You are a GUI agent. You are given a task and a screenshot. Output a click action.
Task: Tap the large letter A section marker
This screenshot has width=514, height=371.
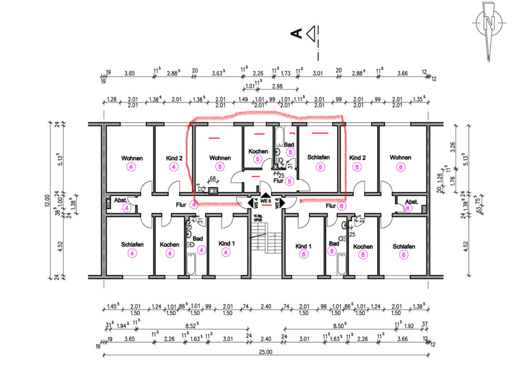point(295,34)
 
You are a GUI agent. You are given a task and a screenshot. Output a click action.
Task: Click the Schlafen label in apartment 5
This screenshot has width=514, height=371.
point(318,158)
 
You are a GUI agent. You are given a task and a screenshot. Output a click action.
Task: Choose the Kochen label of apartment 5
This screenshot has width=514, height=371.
point(258,152)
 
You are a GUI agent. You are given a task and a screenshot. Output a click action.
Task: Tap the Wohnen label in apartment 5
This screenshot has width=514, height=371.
point(220,158)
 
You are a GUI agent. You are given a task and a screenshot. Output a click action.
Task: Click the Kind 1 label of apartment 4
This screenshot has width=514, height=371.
point(227,243)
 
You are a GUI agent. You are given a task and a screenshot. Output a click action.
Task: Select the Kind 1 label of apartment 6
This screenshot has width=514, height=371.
point(304,246)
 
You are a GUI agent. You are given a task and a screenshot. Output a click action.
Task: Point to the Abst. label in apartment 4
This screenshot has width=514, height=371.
point(120,200)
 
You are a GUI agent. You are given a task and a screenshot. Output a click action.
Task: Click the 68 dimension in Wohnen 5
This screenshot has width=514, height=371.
point(212,179)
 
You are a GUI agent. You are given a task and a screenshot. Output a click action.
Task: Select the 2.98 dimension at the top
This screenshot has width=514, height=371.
point(277,86)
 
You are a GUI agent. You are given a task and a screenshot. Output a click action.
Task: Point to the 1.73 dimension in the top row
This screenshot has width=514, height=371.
point(286,73)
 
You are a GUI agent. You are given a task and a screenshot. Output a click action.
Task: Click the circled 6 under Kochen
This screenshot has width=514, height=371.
point(363,255)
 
